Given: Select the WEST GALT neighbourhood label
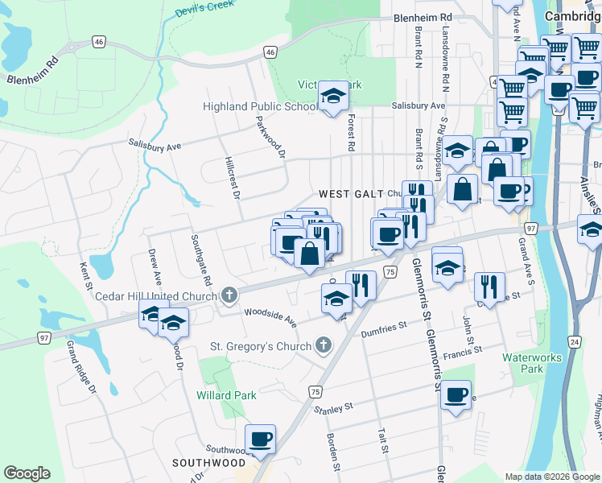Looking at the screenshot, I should tap(351, 194).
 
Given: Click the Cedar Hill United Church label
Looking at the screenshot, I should tap(156, 296).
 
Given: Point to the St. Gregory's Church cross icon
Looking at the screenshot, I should tap(323, 346).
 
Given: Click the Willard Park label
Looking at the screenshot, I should tap(226, 395).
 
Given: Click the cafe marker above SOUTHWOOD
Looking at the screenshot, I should tap(261, 440).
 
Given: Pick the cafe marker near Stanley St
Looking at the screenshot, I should tap(456, 395).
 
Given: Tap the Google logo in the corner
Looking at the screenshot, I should tap(27, 473).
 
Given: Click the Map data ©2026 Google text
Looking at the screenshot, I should tap(551, 477).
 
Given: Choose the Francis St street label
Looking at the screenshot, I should tap(462, 350).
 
